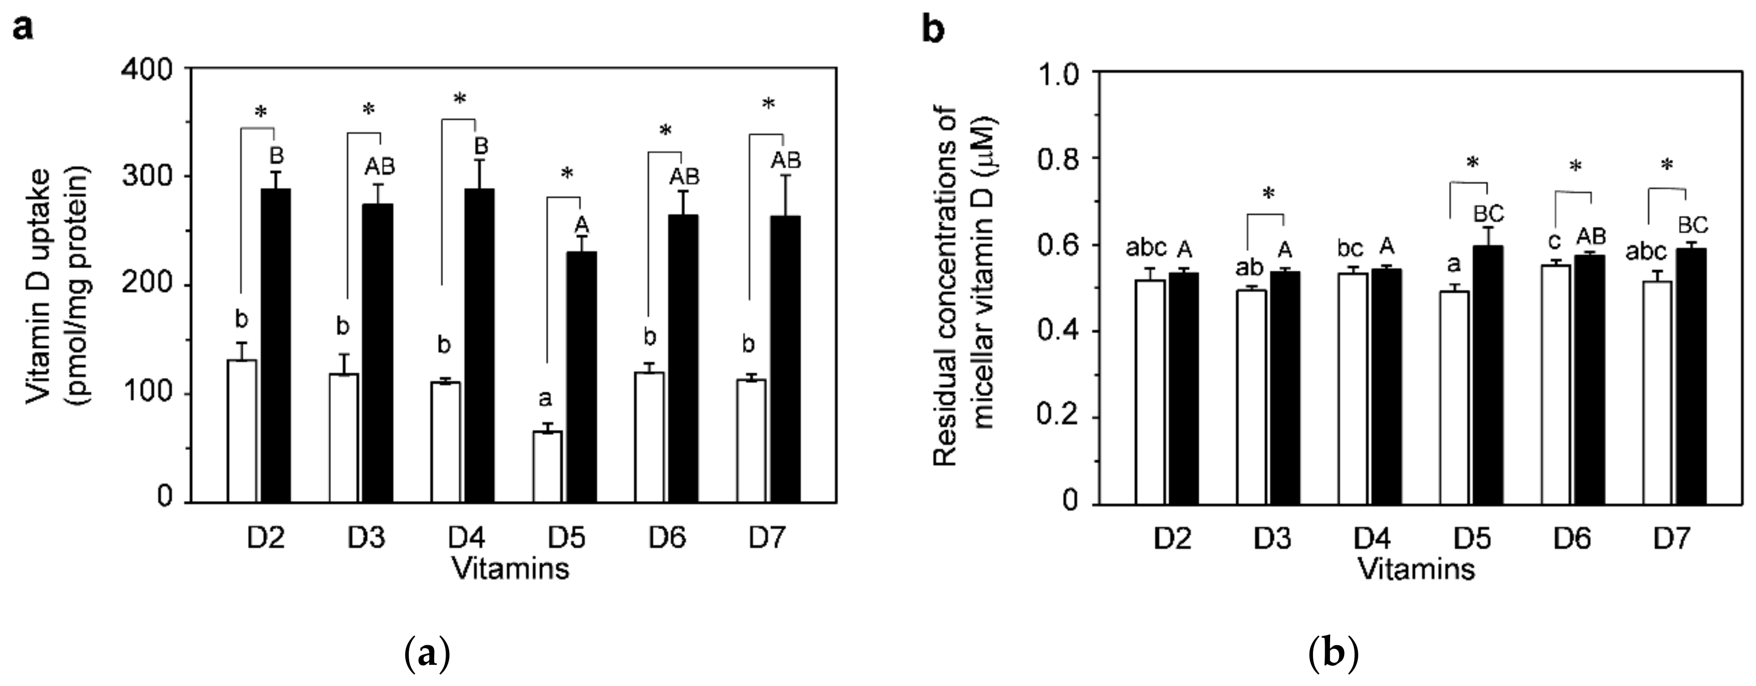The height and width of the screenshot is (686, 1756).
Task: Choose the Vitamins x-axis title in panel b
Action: coord(1418,569)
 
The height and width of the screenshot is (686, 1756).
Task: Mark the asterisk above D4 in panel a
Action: coord(460,100)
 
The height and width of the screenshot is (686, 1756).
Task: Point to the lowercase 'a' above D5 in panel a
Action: coord(545,398)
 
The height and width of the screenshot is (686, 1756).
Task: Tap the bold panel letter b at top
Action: coord(932,29)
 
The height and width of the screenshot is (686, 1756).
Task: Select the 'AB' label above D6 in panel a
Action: coord(684,176)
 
